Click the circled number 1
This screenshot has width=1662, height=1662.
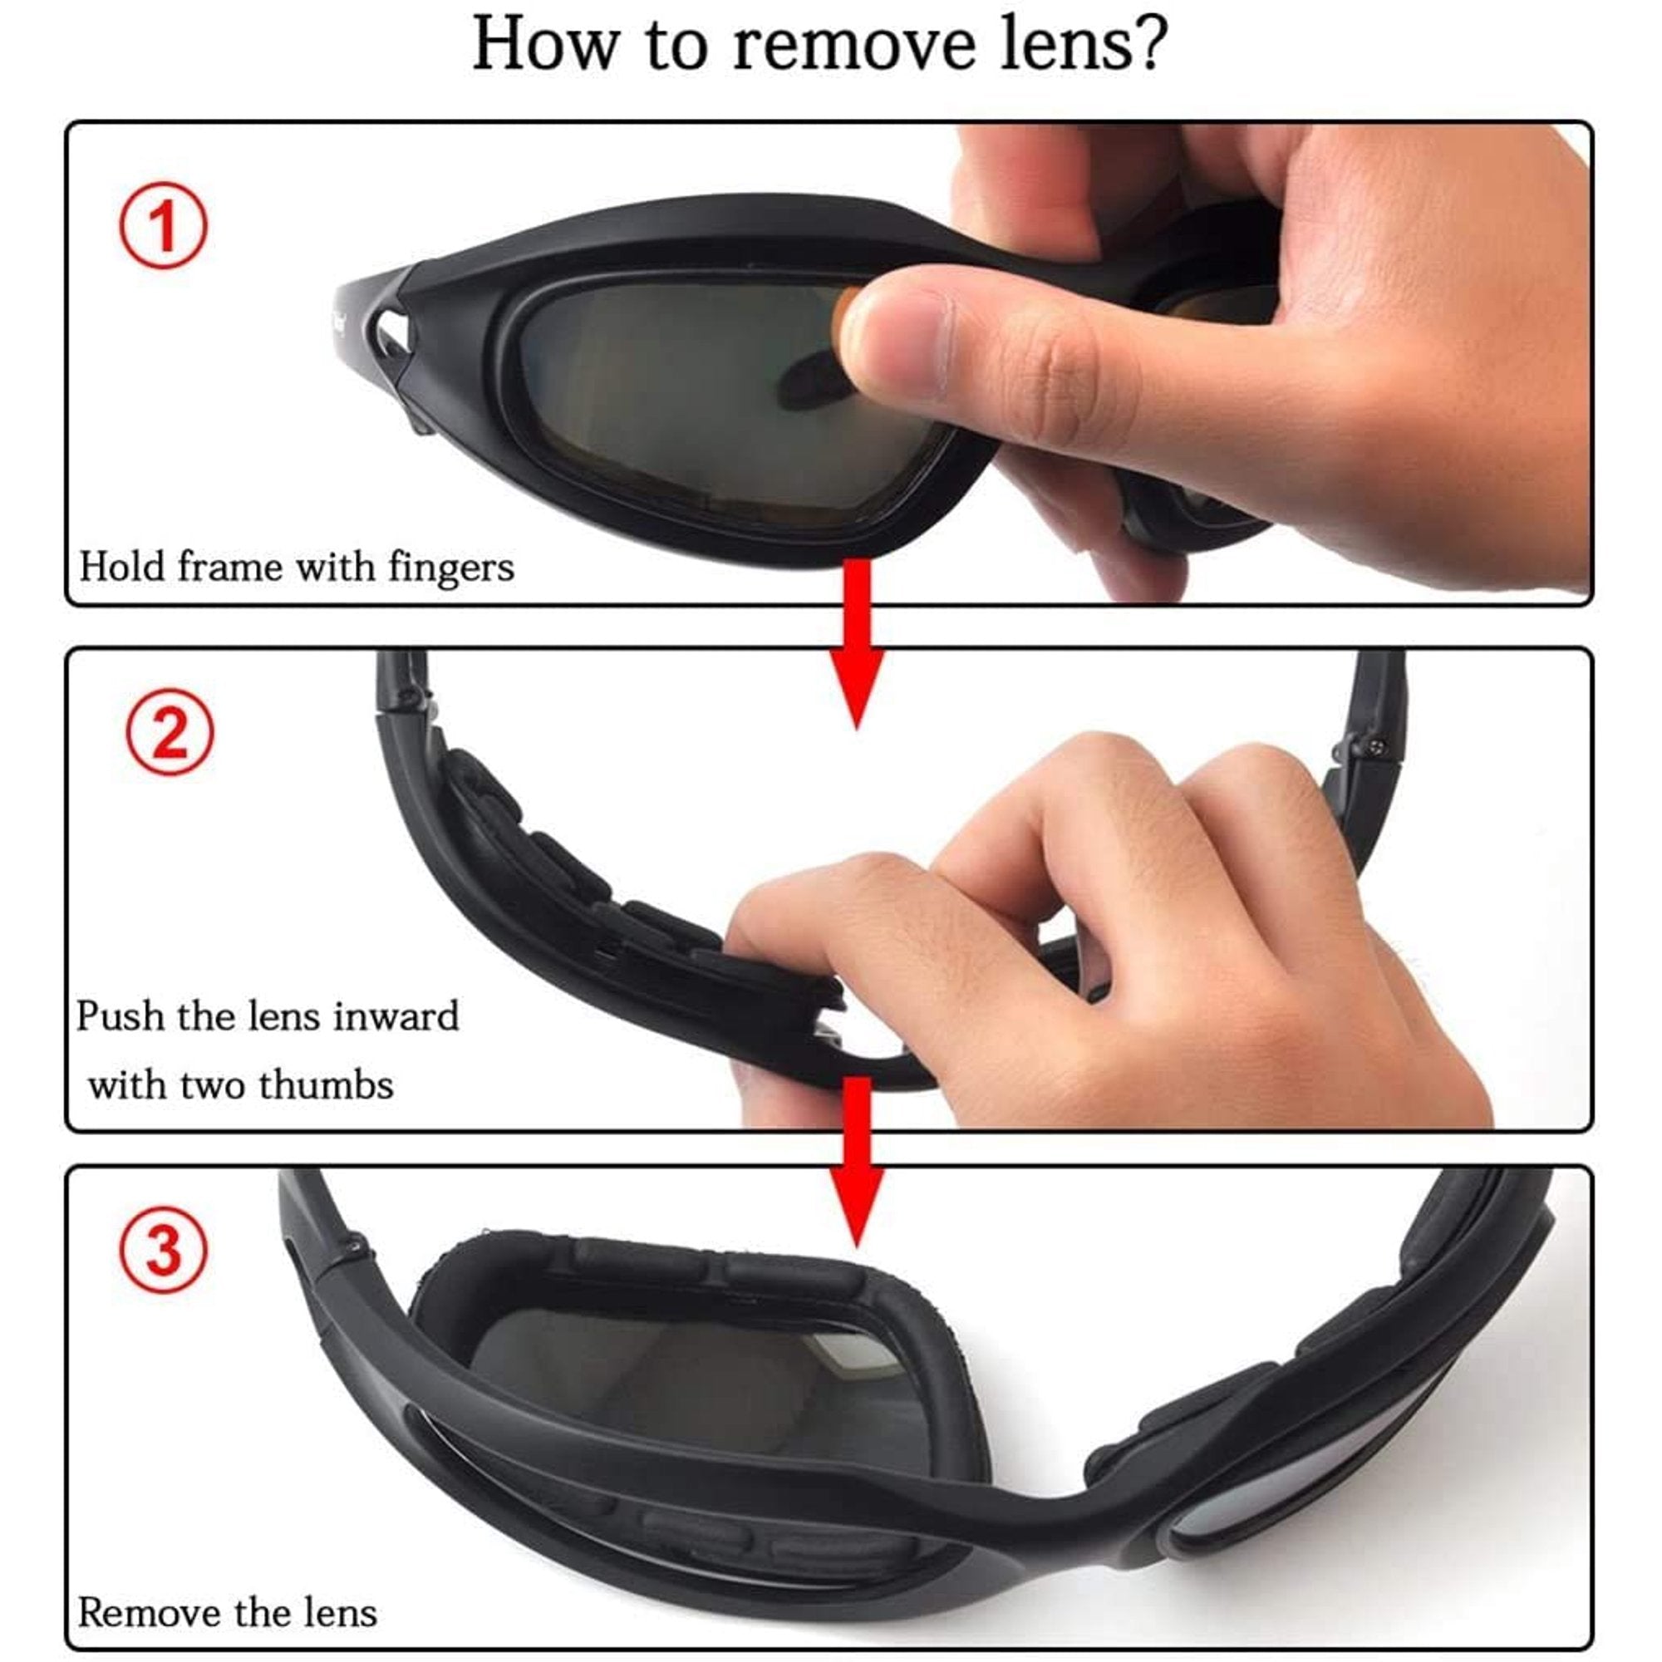pyautogui.click(x=163, y=225)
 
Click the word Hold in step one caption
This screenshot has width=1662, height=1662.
pyautogui.click(x=121, y=567)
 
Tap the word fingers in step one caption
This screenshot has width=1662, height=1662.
pyautogui.click(x=450, y=568)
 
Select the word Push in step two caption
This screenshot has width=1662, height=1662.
pyautogui.click(x=120, y=1016)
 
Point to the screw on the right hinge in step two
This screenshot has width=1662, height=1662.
pyautogui.click(x=1374, y=744)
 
